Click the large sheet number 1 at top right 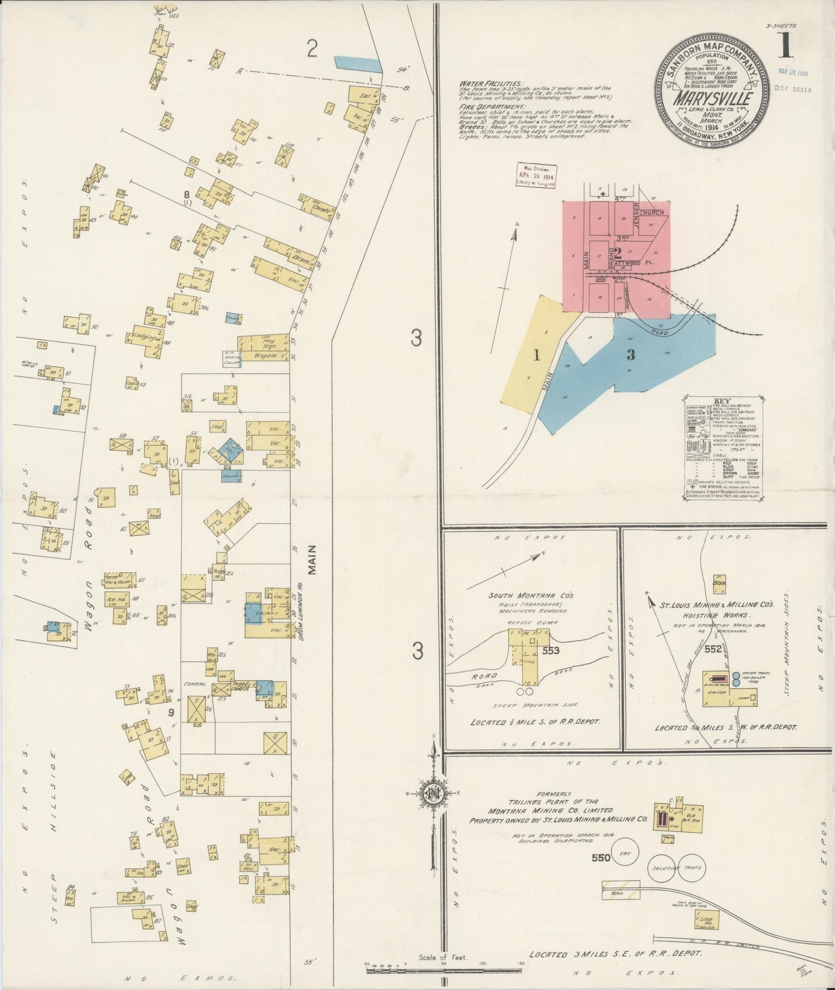[784, 46]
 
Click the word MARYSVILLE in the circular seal [711, 98]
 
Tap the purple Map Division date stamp [536, 176]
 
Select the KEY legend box [722, 448]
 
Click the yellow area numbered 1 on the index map [536, 356]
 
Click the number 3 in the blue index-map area [630, 355]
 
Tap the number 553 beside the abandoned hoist [551, 650]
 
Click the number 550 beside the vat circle [600, 858]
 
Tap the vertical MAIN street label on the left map [312, 560]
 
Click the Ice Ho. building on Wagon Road [117, 601]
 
